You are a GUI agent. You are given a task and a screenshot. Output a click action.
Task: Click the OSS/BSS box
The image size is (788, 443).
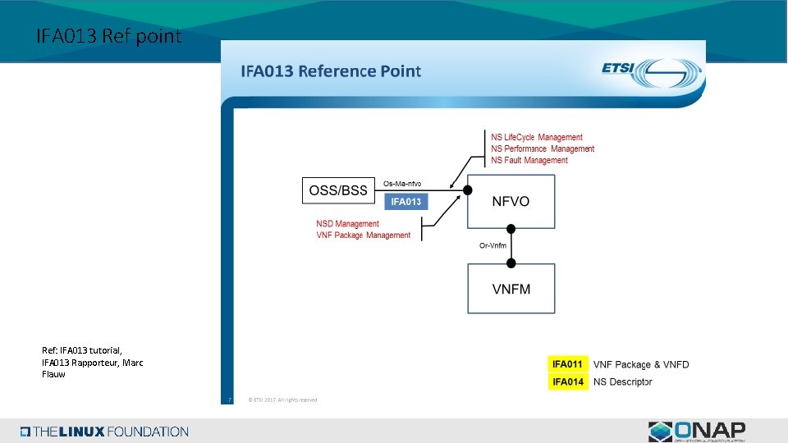pyautogui.click(x=338, y=191)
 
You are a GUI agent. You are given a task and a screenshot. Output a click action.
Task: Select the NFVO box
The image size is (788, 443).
pyautogui.click(x=511, y=201)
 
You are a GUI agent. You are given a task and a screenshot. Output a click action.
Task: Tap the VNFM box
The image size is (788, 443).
pyautogui.click(x=511, y=288)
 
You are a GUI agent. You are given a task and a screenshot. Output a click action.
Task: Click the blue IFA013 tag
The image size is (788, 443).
pyautogui.click(x=405, y=202)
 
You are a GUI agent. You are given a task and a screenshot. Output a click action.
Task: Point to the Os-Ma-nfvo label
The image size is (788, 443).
pyautogui.click(x=402, y=183)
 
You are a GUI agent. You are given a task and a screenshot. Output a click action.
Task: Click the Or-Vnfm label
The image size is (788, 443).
pyautogui.click(x=492, y=245)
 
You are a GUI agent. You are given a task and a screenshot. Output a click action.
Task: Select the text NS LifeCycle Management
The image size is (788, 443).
pyautogui.click(x=537, y=137)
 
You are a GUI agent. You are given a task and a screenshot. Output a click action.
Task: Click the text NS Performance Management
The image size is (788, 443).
pyautogui.click(x=543, y=148)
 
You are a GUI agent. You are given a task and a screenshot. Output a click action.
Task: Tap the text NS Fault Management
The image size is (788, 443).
pyautogui.click(x=529, y=160)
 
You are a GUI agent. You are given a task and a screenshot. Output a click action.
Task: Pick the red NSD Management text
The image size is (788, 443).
pyautogui.click(x=347, y=223)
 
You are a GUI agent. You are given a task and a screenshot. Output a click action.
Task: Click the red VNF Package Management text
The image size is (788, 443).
pyautogui.click(x=363, y=235)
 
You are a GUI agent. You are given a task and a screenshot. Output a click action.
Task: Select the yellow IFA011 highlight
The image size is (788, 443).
pyautogui.click(x=568, y=363)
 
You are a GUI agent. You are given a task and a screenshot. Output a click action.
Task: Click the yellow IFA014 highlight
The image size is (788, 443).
pyautogui.click(x=568, y=381)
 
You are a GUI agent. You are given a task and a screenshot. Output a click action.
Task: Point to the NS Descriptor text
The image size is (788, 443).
pyautogui.click(x=623, y=381)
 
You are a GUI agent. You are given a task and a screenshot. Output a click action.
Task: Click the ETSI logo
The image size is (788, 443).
pyautogui.click(x=651, y=71)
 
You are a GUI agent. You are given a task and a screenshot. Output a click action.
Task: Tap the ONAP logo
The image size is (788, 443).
pyautogui.click(x=697, y=432)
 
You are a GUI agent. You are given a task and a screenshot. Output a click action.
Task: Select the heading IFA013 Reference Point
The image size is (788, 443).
pyautogui.click(x=330, y=71)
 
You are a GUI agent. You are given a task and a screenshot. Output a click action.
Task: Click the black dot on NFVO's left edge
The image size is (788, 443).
pyautogui.click(x=468, y=190)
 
